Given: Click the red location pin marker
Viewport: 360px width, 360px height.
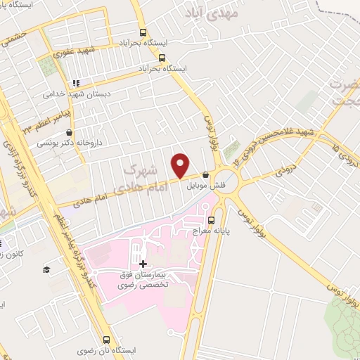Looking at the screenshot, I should pos(180,165).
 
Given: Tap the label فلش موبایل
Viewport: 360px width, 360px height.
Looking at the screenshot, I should pos(199,186).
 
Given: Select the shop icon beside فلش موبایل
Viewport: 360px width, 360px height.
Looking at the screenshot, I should pos(205,175).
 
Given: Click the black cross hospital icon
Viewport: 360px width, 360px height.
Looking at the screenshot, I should pos(143,263).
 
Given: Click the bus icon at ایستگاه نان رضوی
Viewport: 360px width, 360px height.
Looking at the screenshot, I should pos(106,338).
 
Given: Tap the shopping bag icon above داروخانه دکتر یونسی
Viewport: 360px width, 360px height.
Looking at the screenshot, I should pos(69,132).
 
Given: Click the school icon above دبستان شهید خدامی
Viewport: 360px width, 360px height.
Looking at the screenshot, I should pos(75,82).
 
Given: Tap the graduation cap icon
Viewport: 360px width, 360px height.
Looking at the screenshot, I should pos(46,269).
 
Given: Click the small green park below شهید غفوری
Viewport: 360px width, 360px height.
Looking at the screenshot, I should pos(46,67).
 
